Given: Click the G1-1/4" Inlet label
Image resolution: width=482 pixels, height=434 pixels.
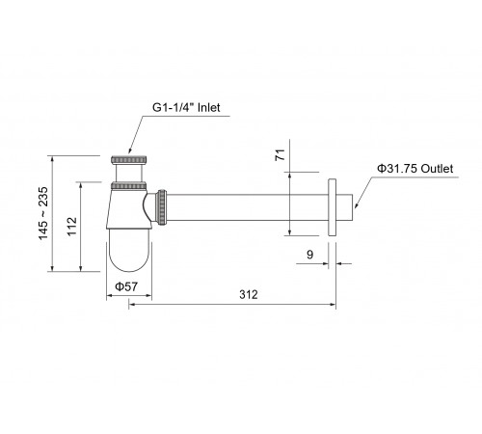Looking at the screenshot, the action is point(186,107).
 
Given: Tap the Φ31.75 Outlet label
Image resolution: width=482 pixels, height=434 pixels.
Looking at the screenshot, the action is point(415,169).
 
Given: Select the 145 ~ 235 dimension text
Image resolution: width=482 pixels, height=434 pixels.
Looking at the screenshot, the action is point(43,213).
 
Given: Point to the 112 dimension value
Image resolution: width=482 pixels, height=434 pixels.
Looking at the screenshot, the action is point(72,227).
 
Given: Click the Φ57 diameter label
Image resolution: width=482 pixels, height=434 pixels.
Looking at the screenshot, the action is point(126,286).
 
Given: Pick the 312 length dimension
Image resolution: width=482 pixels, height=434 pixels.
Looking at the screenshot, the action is point(249,294).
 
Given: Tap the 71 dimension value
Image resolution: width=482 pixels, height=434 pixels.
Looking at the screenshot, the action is point(281,155).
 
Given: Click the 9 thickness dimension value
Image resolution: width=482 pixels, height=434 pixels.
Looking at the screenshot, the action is point(309,255).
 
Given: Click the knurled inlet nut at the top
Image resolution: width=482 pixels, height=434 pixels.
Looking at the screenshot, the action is point(129,159).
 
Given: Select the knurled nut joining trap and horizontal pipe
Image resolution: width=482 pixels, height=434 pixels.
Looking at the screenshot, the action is point(162,207).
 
